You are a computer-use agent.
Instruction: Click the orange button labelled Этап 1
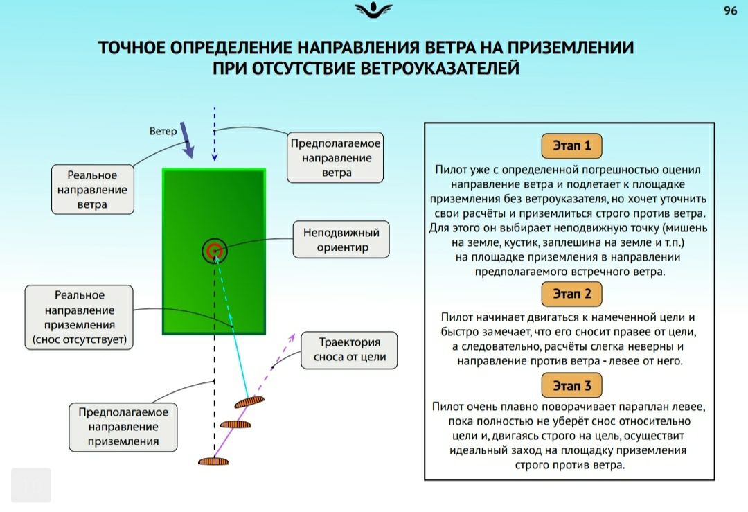coord(571,145)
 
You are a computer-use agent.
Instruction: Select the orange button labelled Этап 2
coord(571,294)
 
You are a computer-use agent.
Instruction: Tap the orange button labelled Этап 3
coord(571,385)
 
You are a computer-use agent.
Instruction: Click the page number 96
coord(731,10)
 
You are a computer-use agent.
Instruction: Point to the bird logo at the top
coord(373,10)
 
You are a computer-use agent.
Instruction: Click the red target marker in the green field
coord(214,250)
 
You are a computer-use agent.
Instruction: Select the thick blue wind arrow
coord(187,140)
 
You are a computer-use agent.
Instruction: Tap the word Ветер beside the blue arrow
coord(163,131)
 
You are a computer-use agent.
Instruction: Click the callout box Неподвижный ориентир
coord(341,240)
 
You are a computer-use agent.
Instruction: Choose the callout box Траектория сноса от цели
coord(349,351)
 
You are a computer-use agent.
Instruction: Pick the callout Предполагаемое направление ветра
coord(335,157)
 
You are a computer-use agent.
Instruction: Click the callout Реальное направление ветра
coord(93,189)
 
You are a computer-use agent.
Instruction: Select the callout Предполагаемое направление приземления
coord(123,427)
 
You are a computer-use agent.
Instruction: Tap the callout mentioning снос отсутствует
coord(79,317)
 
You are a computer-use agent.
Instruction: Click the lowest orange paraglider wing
coord(213,461)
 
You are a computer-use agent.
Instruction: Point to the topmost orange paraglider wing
coord(249,403)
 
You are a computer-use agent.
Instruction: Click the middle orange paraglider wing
coord(235,424)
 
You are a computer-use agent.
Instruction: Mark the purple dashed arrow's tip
coord(294,334)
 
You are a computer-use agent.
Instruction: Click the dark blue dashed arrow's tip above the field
coord(215,160)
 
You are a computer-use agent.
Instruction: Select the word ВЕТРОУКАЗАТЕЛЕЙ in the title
coord(439,68)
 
